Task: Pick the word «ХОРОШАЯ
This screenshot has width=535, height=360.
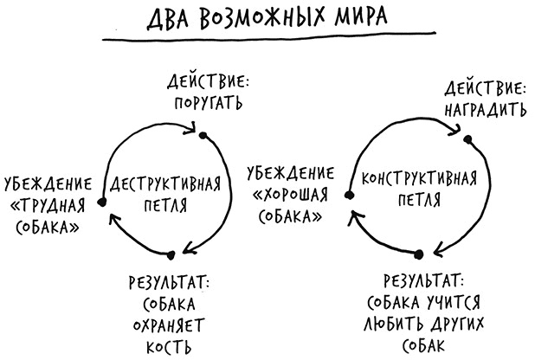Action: pyautogui.click(x=287, y=194)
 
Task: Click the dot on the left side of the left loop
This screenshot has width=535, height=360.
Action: pyautogui.click(x=102, y=202)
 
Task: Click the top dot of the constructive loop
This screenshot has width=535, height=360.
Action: pyautogui.click(x=467, y=138)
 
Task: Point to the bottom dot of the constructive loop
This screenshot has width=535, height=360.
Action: pyautogui.click(x=419, y=254)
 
